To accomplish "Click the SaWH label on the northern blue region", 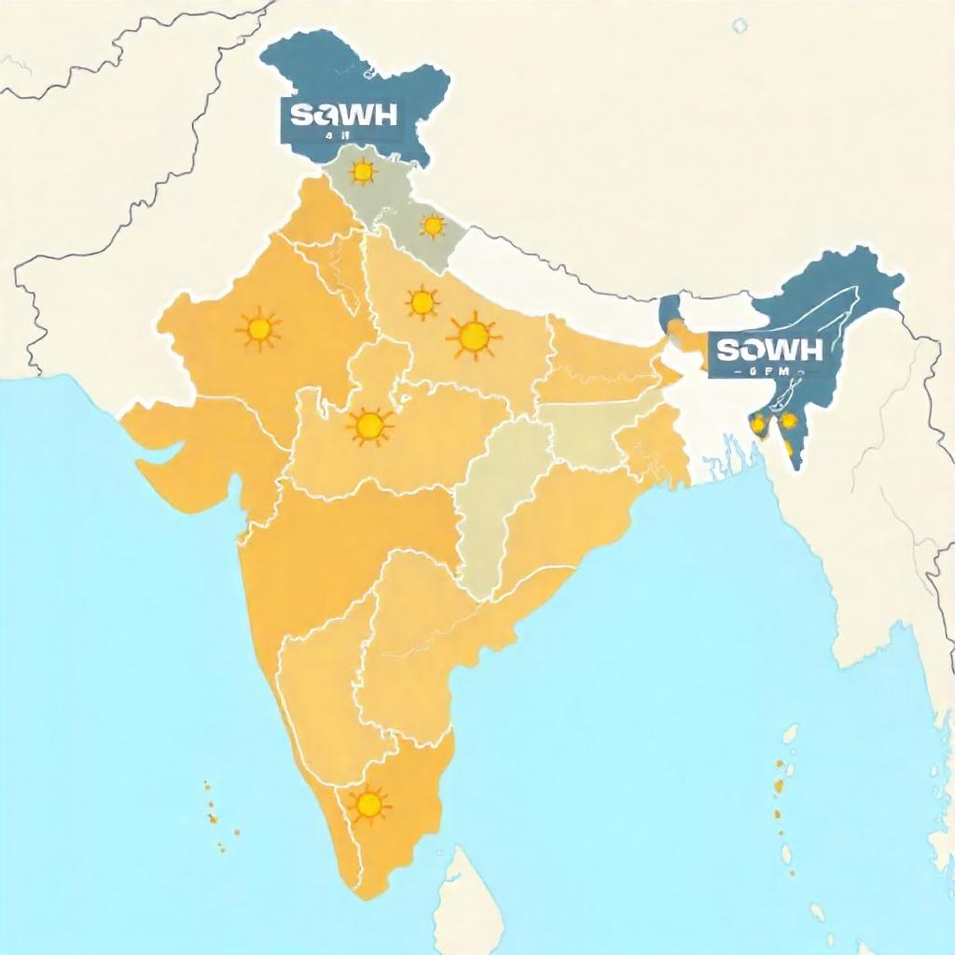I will click(x=343, y=115).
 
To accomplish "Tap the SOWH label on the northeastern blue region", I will click(x=769, y=351).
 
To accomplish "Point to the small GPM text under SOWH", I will click(x=770, y=372).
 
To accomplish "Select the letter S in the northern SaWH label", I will click(x=299, y=115).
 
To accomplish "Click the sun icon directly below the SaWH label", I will click(x=361, y=172).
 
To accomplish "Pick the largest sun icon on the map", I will click(x=474, y=337).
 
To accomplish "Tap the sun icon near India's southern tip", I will click(x=368, y=805).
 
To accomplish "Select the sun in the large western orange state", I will click(x=259, y=328).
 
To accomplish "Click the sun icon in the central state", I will click(x=369, y=425).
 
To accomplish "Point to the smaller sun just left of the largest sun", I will click(x=422, y=301).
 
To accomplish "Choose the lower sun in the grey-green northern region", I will click(x=433, y=226).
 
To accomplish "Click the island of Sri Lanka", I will click(x=472, y=900).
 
